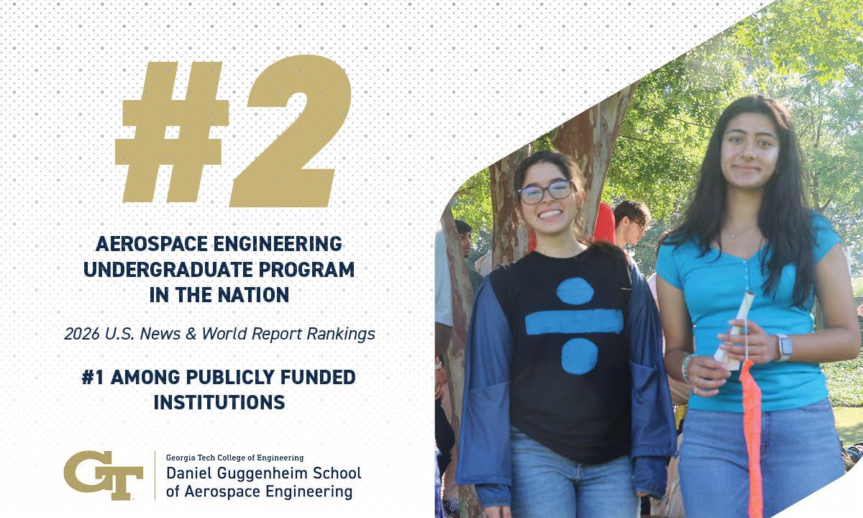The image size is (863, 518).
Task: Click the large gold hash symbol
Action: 172,132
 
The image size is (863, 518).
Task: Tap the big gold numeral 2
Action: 291,131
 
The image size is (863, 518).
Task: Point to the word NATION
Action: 253,295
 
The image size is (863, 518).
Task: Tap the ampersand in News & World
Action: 191,334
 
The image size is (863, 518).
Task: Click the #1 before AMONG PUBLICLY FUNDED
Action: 93,377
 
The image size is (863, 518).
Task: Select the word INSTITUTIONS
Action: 219,402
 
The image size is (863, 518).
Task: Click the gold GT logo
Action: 104,475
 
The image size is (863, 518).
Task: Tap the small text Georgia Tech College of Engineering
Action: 234,458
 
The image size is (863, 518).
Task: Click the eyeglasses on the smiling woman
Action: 546,191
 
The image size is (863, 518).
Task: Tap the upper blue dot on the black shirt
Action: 575,291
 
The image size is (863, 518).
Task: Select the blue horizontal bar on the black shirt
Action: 574,322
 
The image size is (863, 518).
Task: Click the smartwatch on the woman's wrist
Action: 784,347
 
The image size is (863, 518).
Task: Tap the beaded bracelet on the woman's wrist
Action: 688,368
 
